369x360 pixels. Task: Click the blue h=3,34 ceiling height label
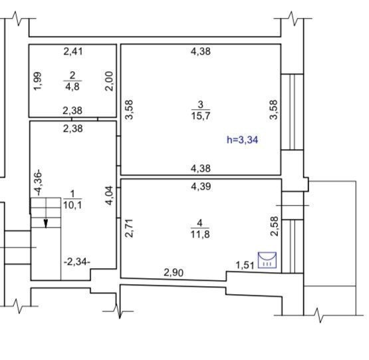point(243,140)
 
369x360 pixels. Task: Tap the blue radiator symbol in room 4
point(267,260)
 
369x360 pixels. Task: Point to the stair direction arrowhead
point(46,224)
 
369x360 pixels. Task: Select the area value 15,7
point(201,116)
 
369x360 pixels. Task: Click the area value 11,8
point(200,234)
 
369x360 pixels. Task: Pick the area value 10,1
point(72,205)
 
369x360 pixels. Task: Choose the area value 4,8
point(72,87)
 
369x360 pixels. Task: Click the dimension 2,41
point(73,51)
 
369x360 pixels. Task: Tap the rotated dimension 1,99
point(38,81)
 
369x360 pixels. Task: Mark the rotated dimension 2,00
point(110,81)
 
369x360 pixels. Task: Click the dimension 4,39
point(201,186)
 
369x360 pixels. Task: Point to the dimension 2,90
point(174,273)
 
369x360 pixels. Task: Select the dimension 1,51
point(245,266)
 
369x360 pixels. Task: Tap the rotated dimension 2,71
point(129,228)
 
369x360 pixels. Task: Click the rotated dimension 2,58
point(275,226)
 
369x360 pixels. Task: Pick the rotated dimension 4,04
point(110,196)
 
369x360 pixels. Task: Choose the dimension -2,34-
point(77,262)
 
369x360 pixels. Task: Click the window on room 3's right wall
point(292,112)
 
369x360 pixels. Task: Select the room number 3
point(201,104)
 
